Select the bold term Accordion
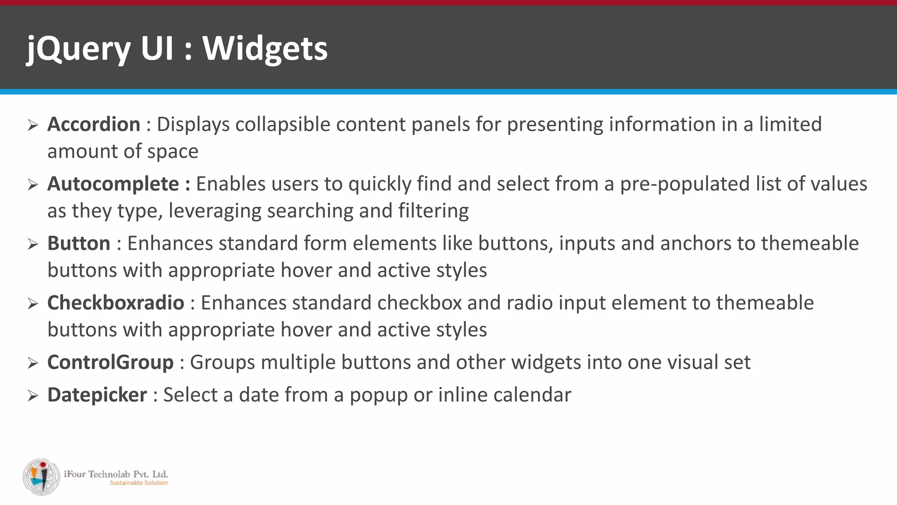pos(94,124)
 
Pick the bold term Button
pos(79,243)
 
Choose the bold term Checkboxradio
pos(116,303)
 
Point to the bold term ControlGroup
pos(110,363)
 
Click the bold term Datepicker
pos(97,395)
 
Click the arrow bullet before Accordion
pos(33,125)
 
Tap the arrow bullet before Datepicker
pos(33,396)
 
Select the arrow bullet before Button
pos(33,244)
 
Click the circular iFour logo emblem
pos(41,477)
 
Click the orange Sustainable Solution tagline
pos(138,483)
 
